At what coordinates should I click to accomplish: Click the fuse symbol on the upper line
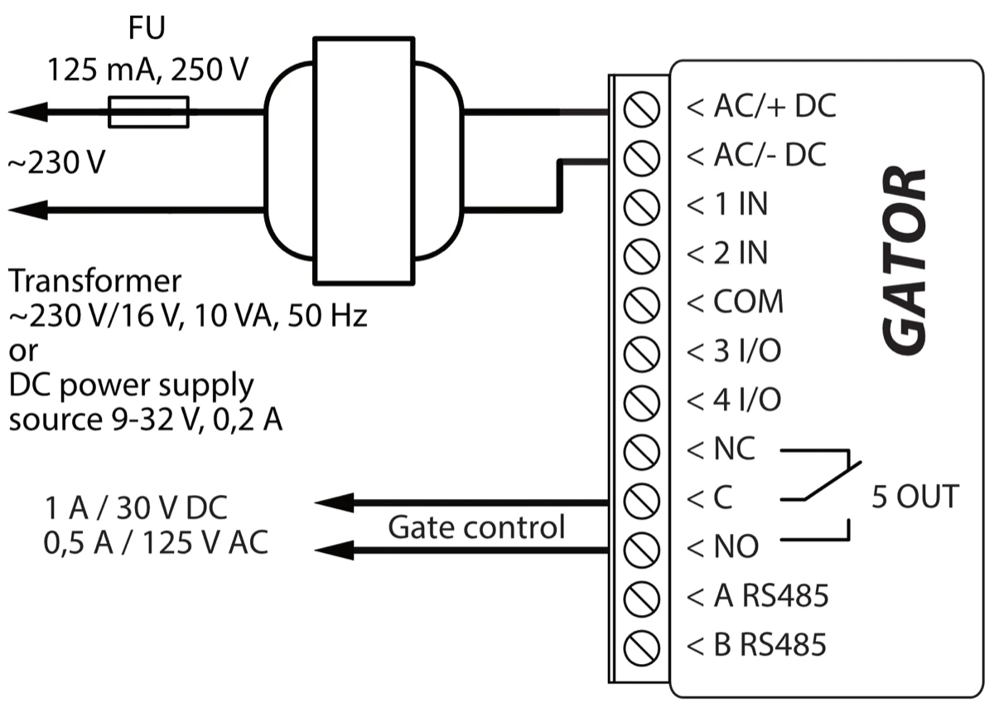[149, 111]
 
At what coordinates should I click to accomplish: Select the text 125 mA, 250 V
[147, 70]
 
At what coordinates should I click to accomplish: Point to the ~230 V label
[56, 163]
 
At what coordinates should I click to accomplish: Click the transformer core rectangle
[363, 160]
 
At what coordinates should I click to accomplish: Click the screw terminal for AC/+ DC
[640, 109]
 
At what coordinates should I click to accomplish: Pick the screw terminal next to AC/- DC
[640, 157]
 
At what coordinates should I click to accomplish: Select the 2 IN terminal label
[740, 253]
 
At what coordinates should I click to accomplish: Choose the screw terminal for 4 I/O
[640, 401]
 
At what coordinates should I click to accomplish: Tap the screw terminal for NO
[640, 547]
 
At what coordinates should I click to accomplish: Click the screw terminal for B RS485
[640, 645]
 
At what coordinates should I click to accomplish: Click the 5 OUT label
[914, 497]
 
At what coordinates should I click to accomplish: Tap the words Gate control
[476, 526]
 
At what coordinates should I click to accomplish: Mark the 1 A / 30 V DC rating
[138, 507]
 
